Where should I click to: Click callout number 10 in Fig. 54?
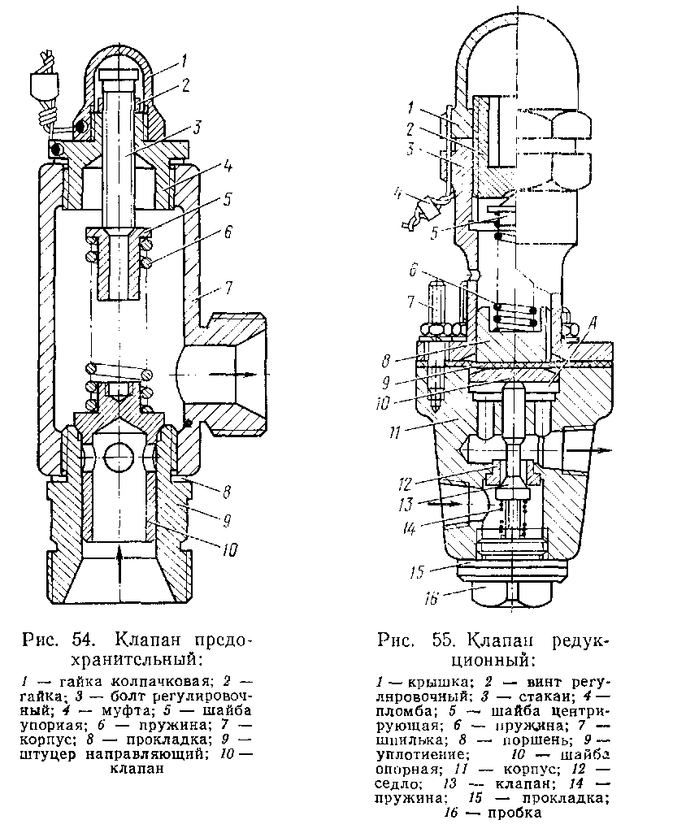(x=230, y=549)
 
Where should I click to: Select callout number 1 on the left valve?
(x=185, y=59)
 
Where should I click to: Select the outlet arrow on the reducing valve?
(x=585, y=448)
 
